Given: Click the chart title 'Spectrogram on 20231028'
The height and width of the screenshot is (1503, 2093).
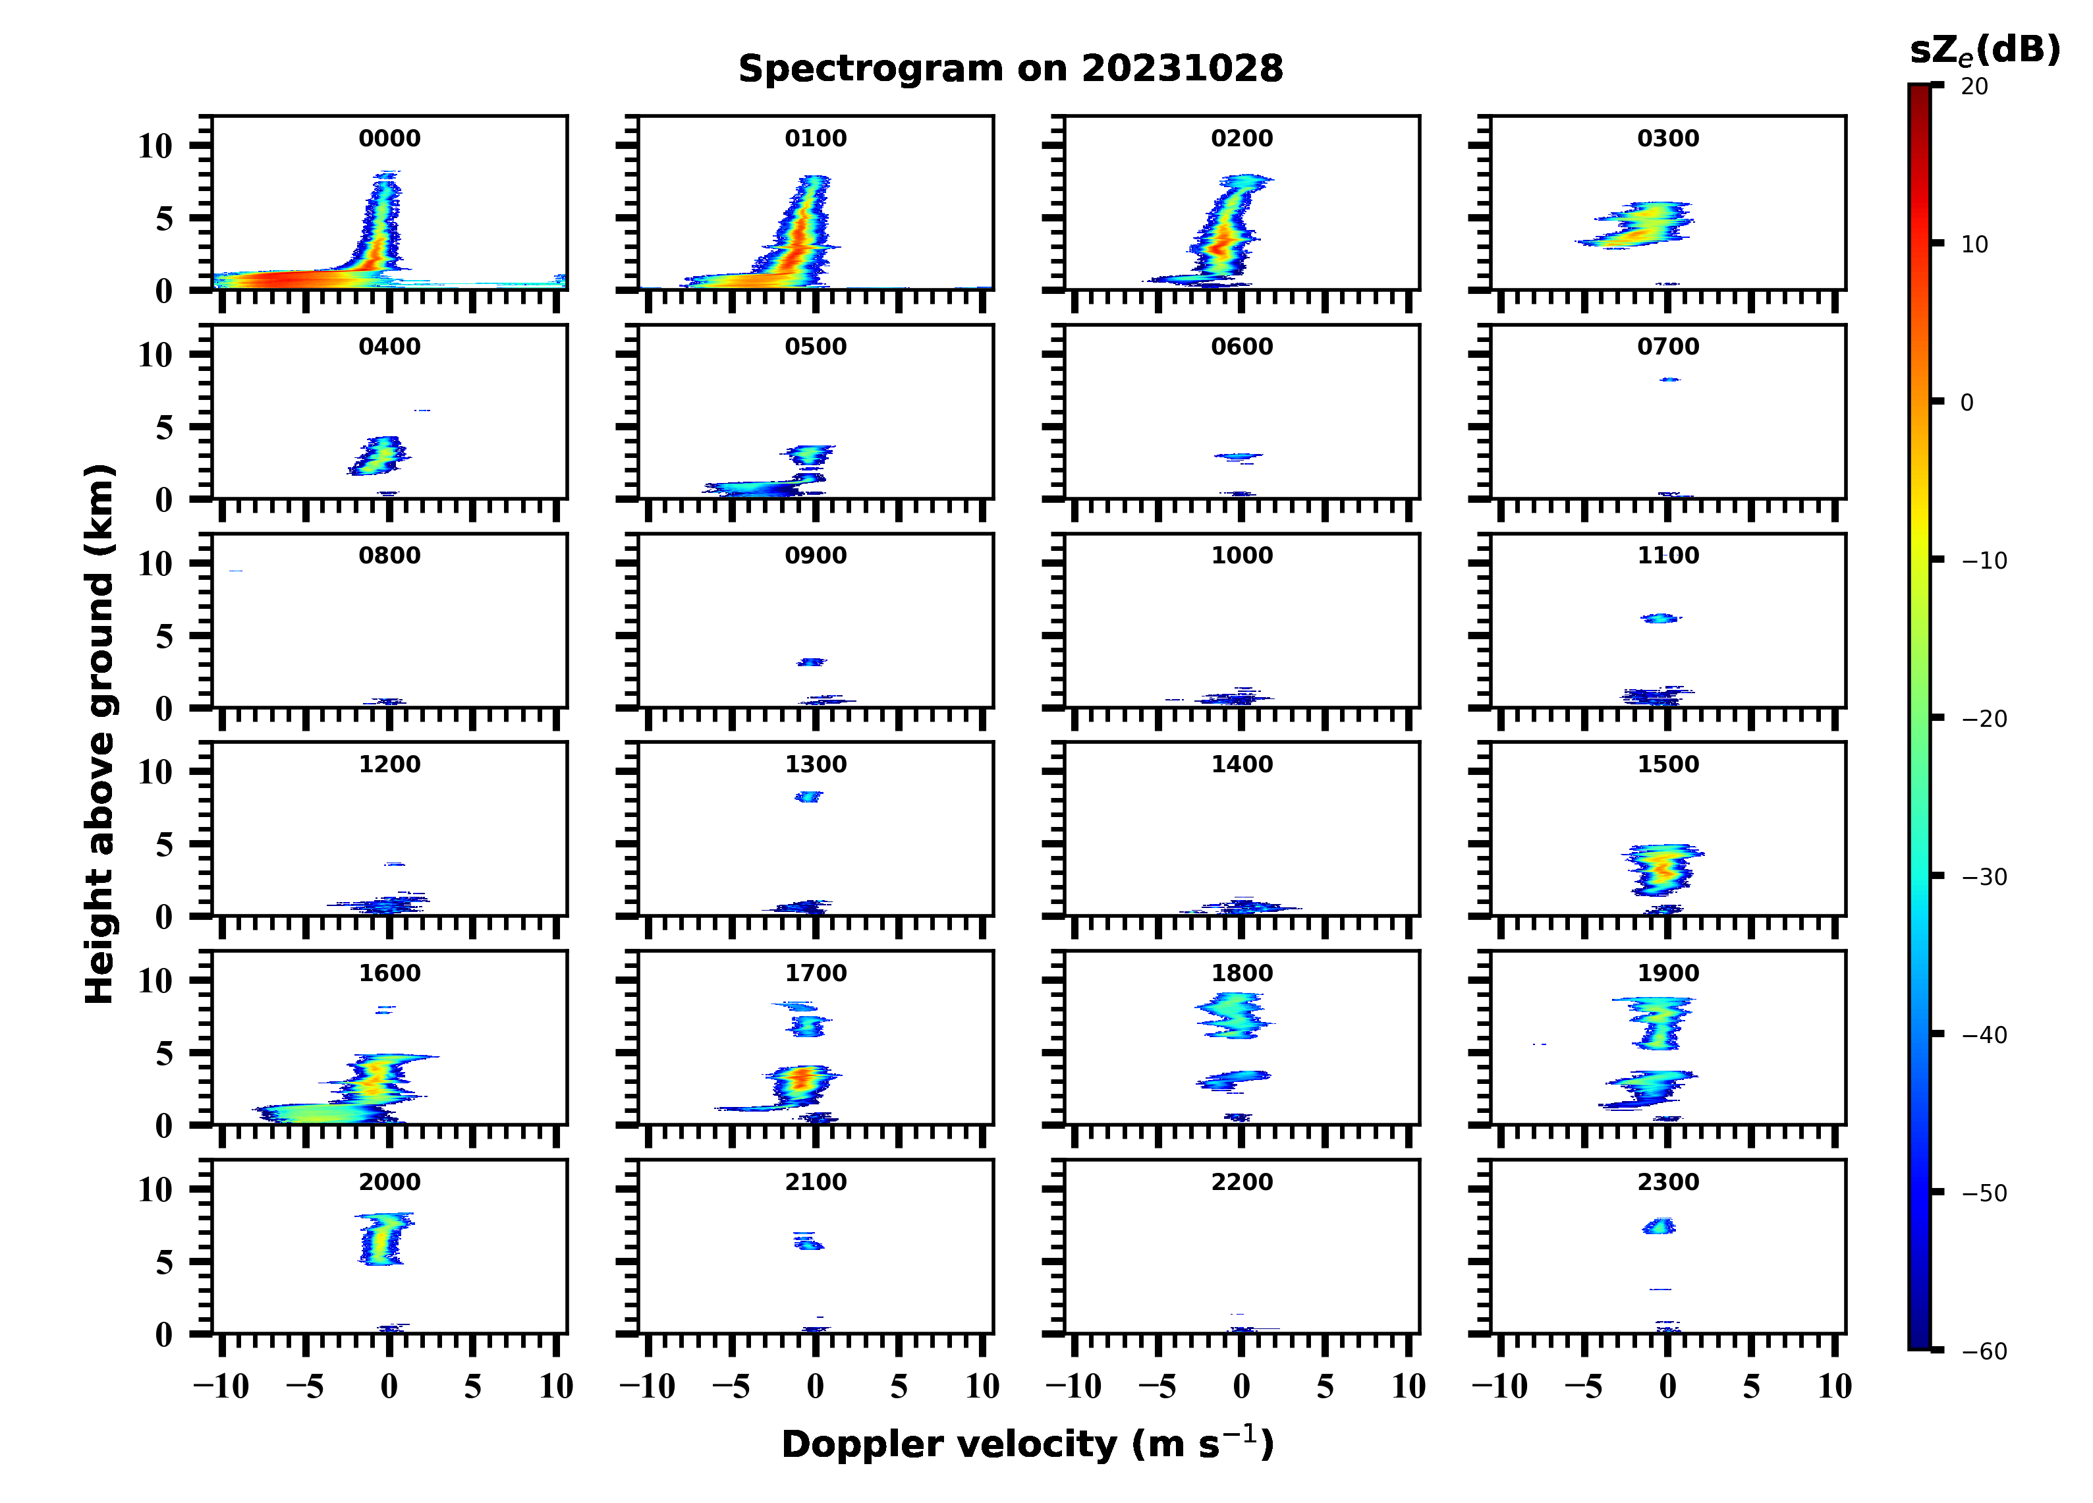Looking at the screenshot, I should [1011, 69].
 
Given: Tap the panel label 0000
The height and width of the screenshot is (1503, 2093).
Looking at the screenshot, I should [389, 138].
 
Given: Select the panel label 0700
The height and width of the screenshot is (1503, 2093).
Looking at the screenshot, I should [1667, 347].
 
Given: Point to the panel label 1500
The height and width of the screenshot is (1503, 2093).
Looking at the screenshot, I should [1667, 764].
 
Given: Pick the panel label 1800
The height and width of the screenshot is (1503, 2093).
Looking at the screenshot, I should [1241, 973].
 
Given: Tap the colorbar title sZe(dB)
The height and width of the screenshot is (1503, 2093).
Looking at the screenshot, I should [1984, 50].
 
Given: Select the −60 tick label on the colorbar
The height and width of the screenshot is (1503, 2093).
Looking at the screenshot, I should [1984, 1351].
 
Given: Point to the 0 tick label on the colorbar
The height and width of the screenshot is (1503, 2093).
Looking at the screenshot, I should [1967, 403].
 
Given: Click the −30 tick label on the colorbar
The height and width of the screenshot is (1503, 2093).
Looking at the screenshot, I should [1984, 877].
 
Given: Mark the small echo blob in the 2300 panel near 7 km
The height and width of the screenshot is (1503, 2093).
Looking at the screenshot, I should [1658, 1227].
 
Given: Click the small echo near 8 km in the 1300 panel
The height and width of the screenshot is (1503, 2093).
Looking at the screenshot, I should [808, 797].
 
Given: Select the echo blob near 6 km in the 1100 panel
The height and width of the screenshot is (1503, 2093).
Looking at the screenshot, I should [1661, 619].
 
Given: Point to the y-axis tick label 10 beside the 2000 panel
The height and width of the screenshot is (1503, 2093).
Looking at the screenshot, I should [155, 1190].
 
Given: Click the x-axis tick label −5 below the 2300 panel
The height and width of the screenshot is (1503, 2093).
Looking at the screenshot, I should [1584, 1386].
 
